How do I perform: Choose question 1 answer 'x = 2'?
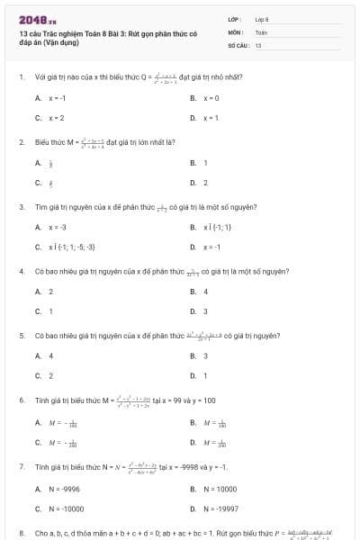[57, 118]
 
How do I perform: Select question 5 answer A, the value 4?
[50, 355]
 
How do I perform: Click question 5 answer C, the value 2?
[50, 375]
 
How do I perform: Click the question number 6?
[22, 400]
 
